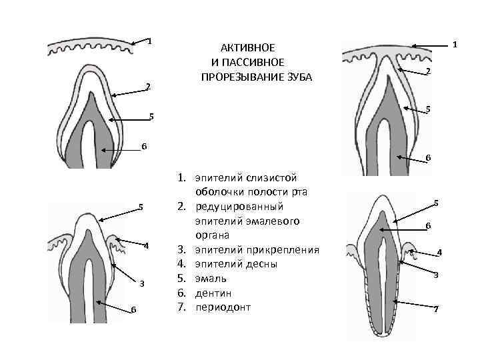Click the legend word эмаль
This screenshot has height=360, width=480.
tap(210, 277)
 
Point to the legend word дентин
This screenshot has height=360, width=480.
tap(213, 292)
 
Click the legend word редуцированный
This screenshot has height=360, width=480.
tap(239, 207)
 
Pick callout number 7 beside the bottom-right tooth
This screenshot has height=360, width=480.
tap(435, 309)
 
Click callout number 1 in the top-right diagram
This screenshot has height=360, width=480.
tap(454, 45)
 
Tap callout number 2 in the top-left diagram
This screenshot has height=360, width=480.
tap(148, 86)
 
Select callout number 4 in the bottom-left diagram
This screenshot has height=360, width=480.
tap(146, 246)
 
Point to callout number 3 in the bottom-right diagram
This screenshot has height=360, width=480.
tap(435, 275)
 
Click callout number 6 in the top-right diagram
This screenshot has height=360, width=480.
tap(429, 158)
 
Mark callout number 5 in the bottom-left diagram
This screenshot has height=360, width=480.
tap(140, 205)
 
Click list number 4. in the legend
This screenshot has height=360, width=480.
tap(181, 263)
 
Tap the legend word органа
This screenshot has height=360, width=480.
tap(213, 235)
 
